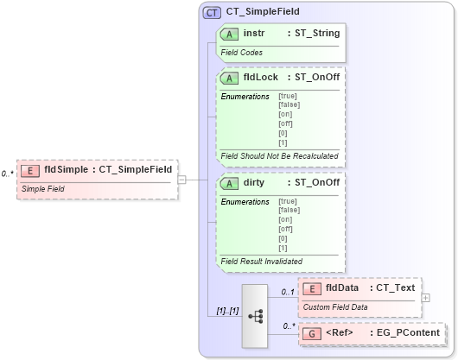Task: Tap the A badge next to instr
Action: click(230, 34)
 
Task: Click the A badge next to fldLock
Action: click(230, 77)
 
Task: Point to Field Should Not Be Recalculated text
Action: click(279, 155)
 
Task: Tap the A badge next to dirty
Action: click(230, 183)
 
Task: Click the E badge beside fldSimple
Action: click(30, 170)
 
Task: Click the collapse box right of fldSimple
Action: click(181, 180)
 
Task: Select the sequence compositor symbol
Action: click(257, 315)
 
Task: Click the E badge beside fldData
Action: click(311, 288)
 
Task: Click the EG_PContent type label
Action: click(406, 332)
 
